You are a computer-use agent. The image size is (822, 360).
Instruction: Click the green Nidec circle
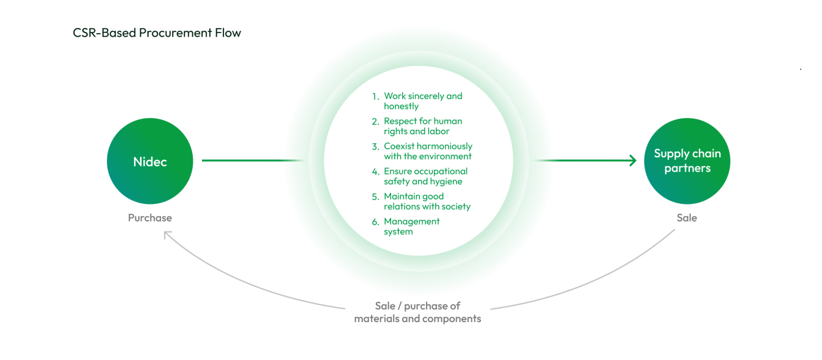click(150, 161)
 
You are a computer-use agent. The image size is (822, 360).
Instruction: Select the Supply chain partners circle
click(687, 161)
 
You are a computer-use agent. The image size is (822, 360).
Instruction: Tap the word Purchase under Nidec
click(150, 217)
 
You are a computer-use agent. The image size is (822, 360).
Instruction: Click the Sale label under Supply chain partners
click(687, 217)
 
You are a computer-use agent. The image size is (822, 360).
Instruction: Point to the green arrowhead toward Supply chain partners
click(633, 160)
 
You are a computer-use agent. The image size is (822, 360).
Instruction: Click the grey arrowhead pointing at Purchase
click(167, 234)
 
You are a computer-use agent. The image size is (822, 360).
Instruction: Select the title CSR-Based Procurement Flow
click(157, 32)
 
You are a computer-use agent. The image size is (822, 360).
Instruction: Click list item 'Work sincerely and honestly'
click(423, 101)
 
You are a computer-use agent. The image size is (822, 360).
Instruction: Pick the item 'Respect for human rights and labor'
click(423, 126)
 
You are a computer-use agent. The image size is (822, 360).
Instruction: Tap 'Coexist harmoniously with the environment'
click(428, 151)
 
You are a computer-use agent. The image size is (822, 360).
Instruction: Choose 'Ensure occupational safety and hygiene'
click(425, 176)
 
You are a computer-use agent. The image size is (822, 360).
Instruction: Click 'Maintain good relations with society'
click(427, 201)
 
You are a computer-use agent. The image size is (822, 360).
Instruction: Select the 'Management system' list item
click(411, 227)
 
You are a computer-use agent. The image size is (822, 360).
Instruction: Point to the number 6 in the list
click(375, 222)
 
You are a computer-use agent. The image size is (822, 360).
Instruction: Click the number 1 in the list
click(375, 97)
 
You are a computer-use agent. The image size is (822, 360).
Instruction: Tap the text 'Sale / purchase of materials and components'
click(417, 312)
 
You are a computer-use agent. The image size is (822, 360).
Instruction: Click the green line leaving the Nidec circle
click(253, 160)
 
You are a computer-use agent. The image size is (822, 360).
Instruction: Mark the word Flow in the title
click(228, 32)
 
